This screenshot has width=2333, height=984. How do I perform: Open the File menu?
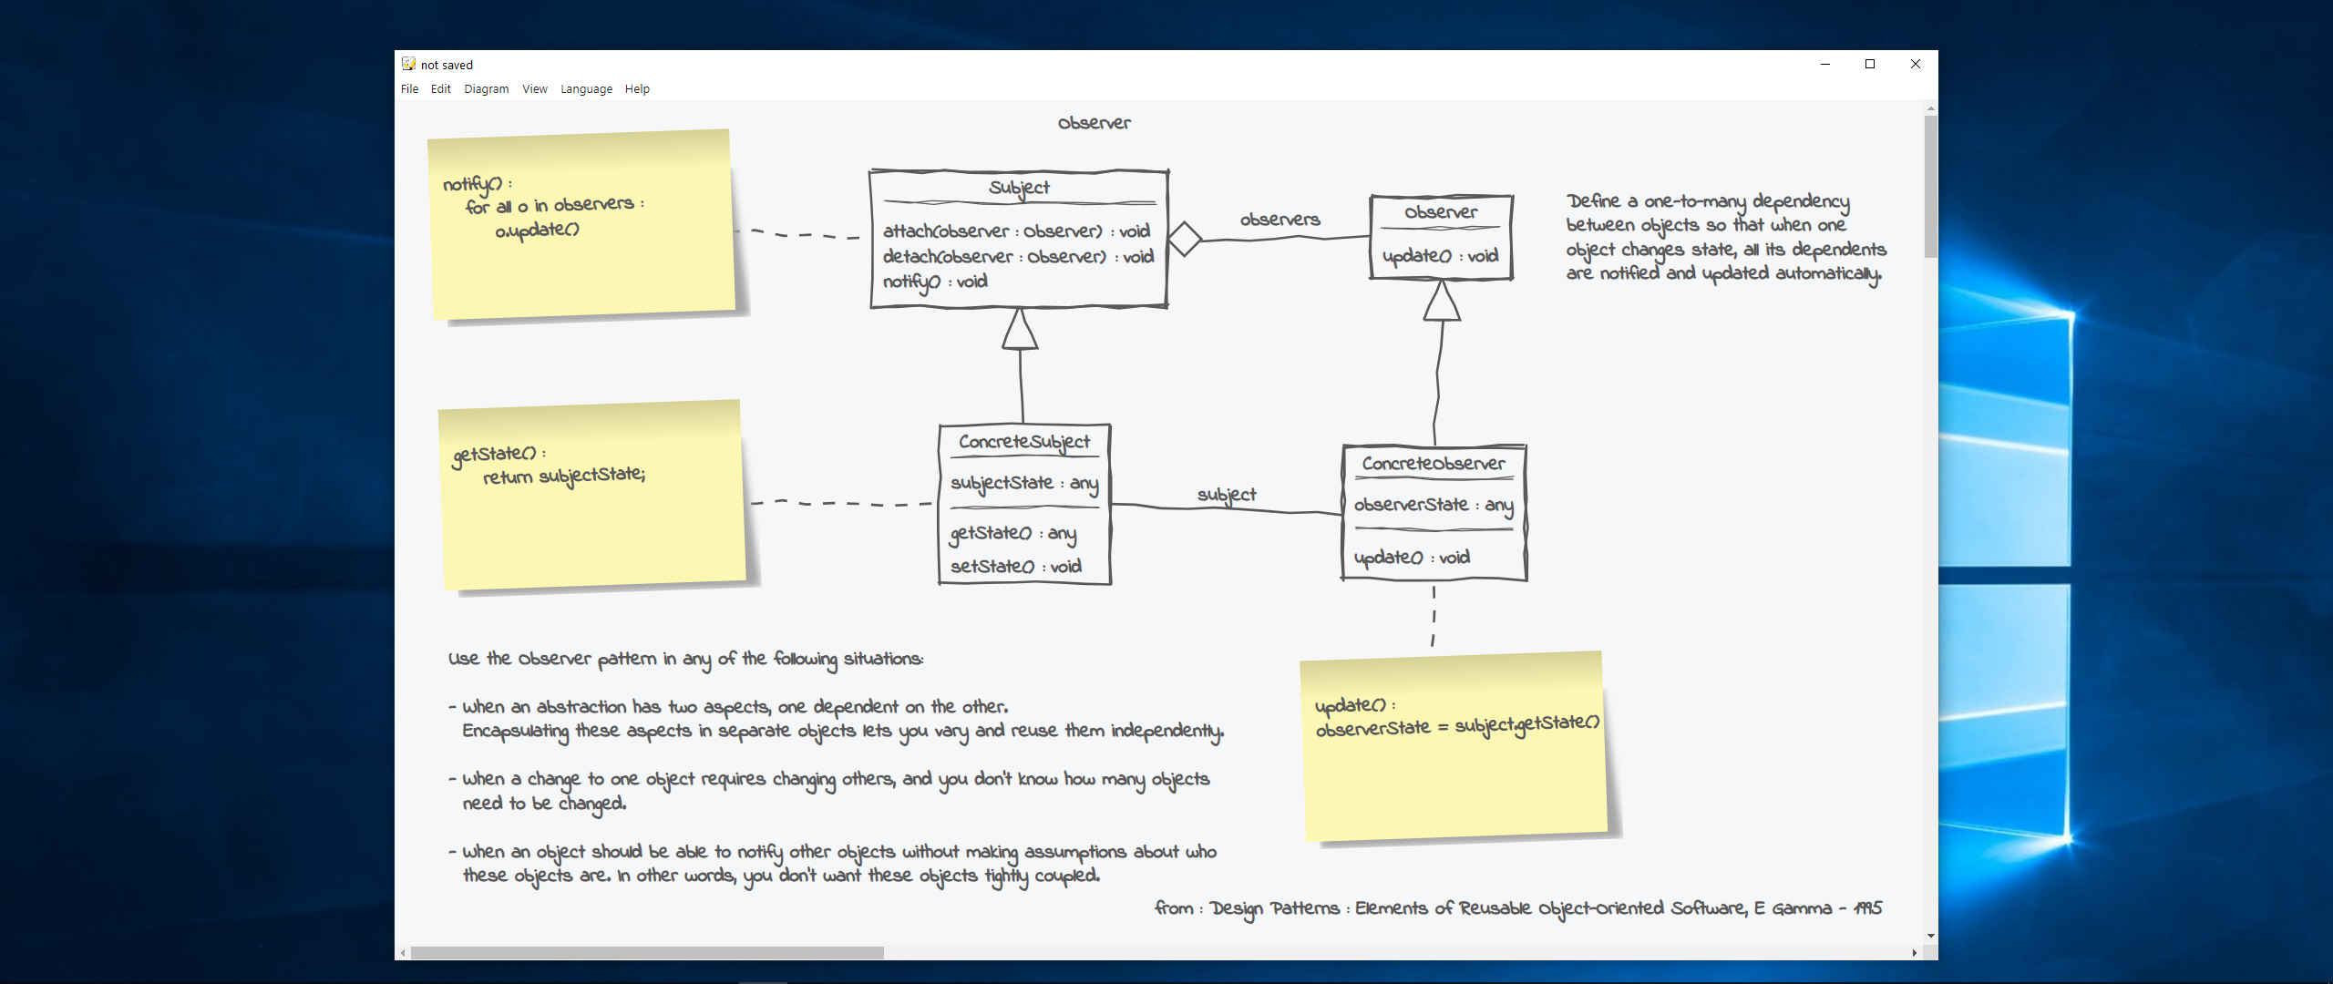click(409, 89)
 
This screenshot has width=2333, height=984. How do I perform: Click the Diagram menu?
click(486, 89)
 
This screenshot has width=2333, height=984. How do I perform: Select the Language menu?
click(586, 89)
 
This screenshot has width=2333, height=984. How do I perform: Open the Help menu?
click(637, 89)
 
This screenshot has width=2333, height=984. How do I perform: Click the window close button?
click(1915, 64)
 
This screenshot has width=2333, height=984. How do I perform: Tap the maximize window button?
click(1869, 64)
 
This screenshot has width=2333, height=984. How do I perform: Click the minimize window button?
click(1824, 64)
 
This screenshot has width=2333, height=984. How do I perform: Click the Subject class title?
click(1019, 188)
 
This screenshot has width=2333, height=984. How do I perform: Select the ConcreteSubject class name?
click(1023, 442)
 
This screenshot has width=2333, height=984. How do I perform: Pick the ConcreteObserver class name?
click(1434, 464)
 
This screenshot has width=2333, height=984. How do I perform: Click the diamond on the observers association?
click(1185, 239)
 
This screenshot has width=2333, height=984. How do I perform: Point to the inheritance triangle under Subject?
click(1020, 329)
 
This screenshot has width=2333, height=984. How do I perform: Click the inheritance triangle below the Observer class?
click(1442, 302)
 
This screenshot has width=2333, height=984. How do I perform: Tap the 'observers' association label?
click(1280, 220)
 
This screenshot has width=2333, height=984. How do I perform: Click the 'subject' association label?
click(1226, 495)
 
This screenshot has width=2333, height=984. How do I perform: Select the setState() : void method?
click(1015, 567)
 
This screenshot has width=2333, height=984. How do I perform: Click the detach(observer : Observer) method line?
click(1017, 257)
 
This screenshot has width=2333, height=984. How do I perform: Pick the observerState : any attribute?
click(1433, 505)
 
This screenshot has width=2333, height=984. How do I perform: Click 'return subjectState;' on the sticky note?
click(563, 477)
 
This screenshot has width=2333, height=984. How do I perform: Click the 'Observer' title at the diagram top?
click(1094, 123)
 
